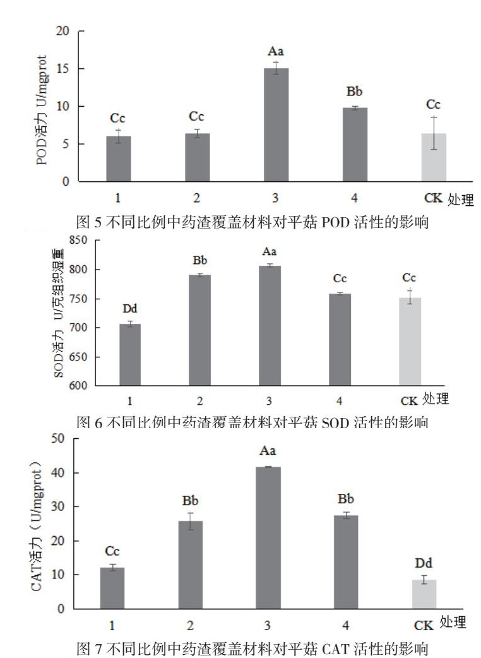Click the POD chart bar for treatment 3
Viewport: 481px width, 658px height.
click(x=276, y=125)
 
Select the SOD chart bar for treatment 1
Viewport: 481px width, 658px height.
click(x=130, y=354)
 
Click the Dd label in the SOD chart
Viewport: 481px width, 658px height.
click(x=130, y=309)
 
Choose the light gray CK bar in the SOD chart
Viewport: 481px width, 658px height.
click(x=410, y=342)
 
